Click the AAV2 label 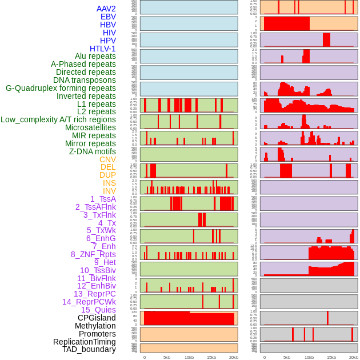coord(106,9)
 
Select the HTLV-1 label coord(103,49)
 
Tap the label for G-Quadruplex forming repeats coord(61,88)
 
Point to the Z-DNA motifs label coord(93,151)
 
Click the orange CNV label coord(107,159)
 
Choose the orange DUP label coord(107,175)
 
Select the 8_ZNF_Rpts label coord(93,254)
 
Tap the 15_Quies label coord(98,310)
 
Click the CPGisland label coord(97,318)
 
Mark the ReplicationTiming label coord(84,342)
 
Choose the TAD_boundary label coord(89,349)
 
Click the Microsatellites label coord(90,127)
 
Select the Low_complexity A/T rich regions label coord(58,119)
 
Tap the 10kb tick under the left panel coord(189,357)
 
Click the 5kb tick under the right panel coord(287,357)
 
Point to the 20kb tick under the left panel coord(234,357)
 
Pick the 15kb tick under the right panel coord(331,357)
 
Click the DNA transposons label coord(85,80)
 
